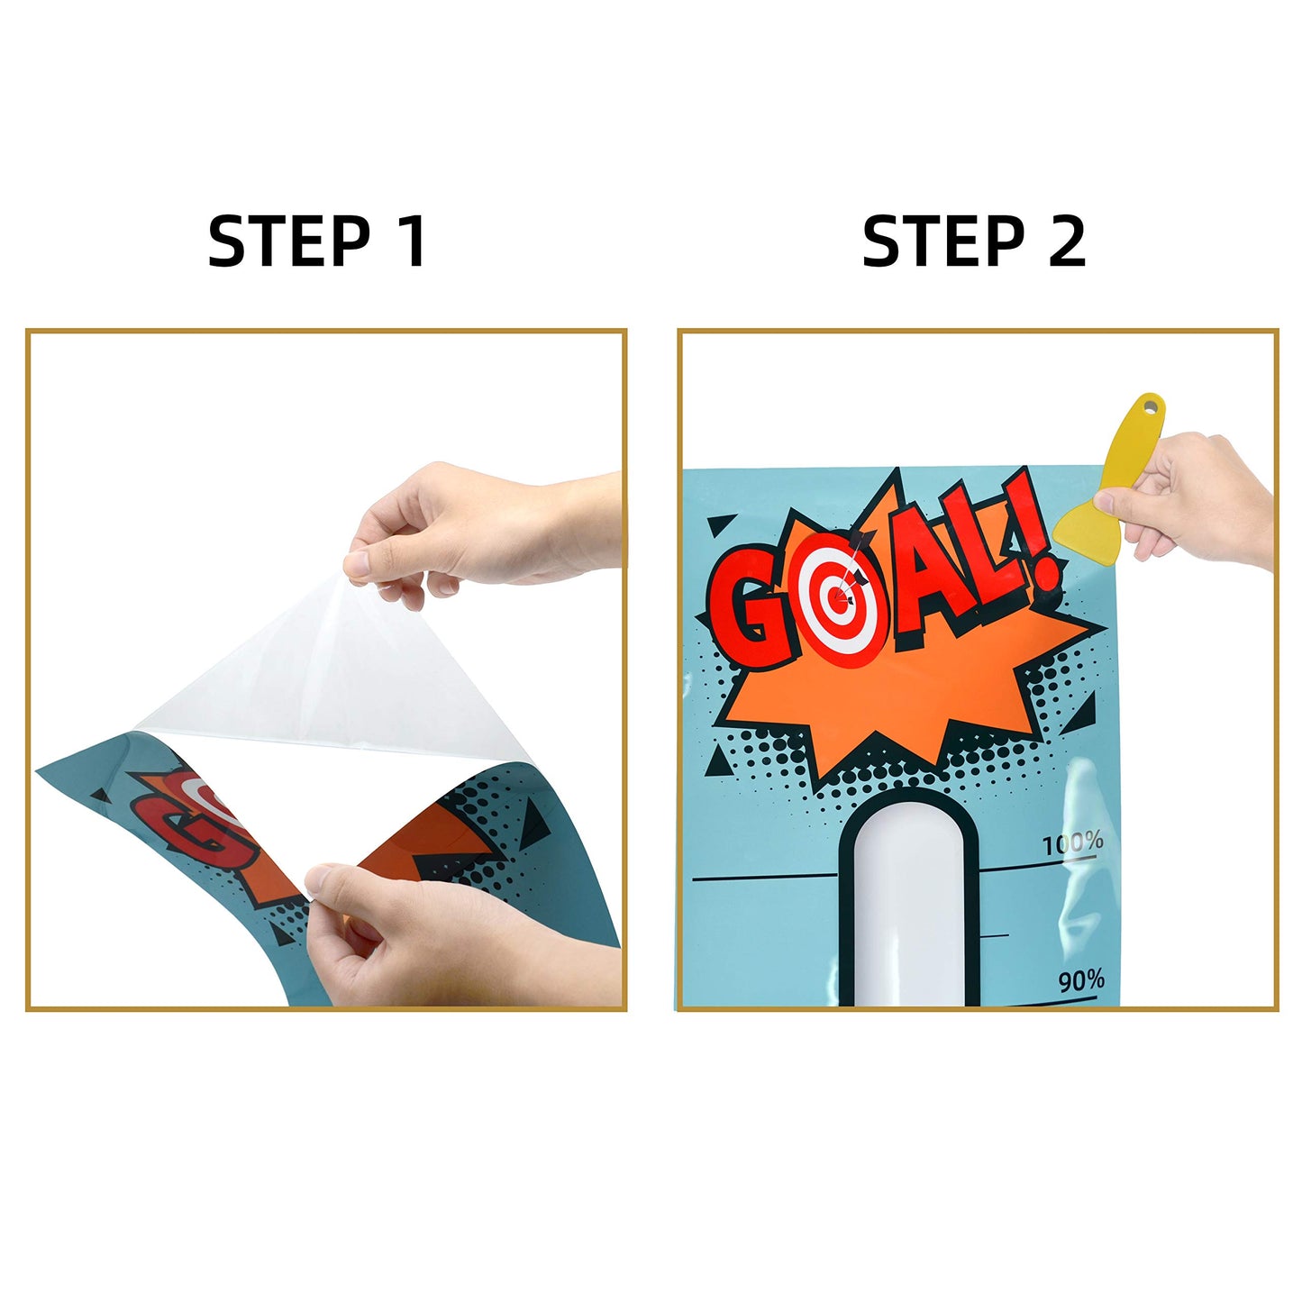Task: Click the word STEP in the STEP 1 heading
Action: tap(289, 241)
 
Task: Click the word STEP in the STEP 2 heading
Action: tap(943, 241)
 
